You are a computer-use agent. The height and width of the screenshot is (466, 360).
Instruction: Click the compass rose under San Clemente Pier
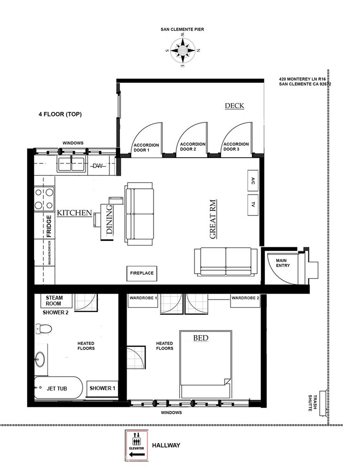[x=183, y=50]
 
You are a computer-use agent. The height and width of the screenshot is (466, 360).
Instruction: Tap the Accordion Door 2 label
[x=193, y=147]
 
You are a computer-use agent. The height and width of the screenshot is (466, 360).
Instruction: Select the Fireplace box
[x=142, y=273]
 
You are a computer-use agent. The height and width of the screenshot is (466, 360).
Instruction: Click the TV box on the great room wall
[x=253, y=205]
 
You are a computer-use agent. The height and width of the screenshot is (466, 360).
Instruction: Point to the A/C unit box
[x=253, y=181]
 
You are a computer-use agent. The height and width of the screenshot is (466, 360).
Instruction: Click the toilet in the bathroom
[x=43, y=329]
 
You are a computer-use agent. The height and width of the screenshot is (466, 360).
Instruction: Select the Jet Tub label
[x=57, y=388]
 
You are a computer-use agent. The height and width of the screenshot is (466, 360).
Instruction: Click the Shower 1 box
[x=102, y=388]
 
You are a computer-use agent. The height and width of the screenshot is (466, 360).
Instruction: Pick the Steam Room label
[x=54, y=300]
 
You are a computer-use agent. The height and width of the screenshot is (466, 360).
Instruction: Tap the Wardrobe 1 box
[x=143, y=300]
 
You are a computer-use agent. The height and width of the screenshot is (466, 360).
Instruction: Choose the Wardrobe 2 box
[x=245, y=300]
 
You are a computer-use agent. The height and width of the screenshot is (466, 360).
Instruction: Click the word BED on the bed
[x=201, y=338]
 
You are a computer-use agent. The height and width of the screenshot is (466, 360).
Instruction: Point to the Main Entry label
[x=282, y=263]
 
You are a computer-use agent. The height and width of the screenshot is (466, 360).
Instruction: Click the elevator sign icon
[x=137, y=445]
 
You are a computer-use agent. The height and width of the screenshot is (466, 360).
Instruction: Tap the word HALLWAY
[x=166, y=445]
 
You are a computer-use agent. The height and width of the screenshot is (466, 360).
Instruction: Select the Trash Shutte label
[x=312, y=403]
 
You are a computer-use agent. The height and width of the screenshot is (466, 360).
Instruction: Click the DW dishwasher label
[x=98, y=166]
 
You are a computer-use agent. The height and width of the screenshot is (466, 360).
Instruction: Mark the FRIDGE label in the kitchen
[x=49, y=226]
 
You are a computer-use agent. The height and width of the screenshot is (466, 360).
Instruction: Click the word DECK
[x=234, y=105]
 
